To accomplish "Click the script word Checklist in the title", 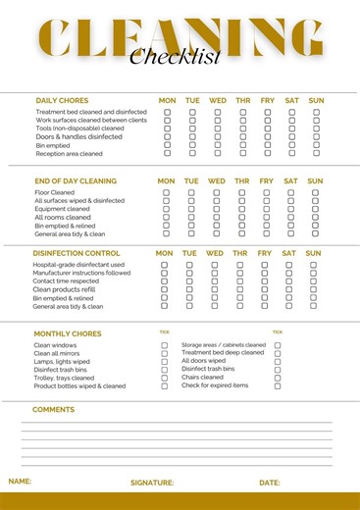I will (x=176, y=56).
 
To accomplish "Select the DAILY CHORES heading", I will (x=62, y=100).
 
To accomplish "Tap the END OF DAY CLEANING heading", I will (x=76, y=180).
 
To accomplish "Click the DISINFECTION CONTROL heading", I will (x=77, y=253).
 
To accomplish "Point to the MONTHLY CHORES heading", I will (x=68, y=333).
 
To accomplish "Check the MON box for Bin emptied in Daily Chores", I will (x=167, y=145).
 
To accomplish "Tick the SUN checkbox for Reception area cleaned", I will (x=316, y=153).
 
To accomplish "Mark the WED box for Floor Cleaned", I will (x=217, y=193).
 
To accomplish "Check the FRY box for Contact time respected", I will (x=266, y=281).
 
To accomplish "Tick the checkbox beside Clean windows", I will (x=165, y=345).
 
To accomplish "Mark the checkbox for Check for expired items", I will (x=278, y=385).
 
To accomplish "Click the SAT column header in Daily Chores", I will (x=291, y=100).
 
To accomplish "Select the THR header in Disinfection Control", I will (x=239, y=253).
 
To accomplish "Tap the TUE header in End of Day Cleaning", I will (x=191, y=180).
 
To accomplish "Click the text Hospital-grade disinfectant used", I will (x=78, y=265).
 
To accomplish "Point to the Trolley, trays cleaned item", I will (x=64, y=378).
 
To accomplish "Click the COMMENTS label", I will (x=53, y=410).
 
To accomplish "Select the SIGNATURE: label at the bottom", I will (x=152, y=483).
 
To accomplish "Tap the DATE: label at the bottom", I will (x=270, y=483).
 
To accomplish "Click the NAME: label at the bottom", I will (x=20, y=482).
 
